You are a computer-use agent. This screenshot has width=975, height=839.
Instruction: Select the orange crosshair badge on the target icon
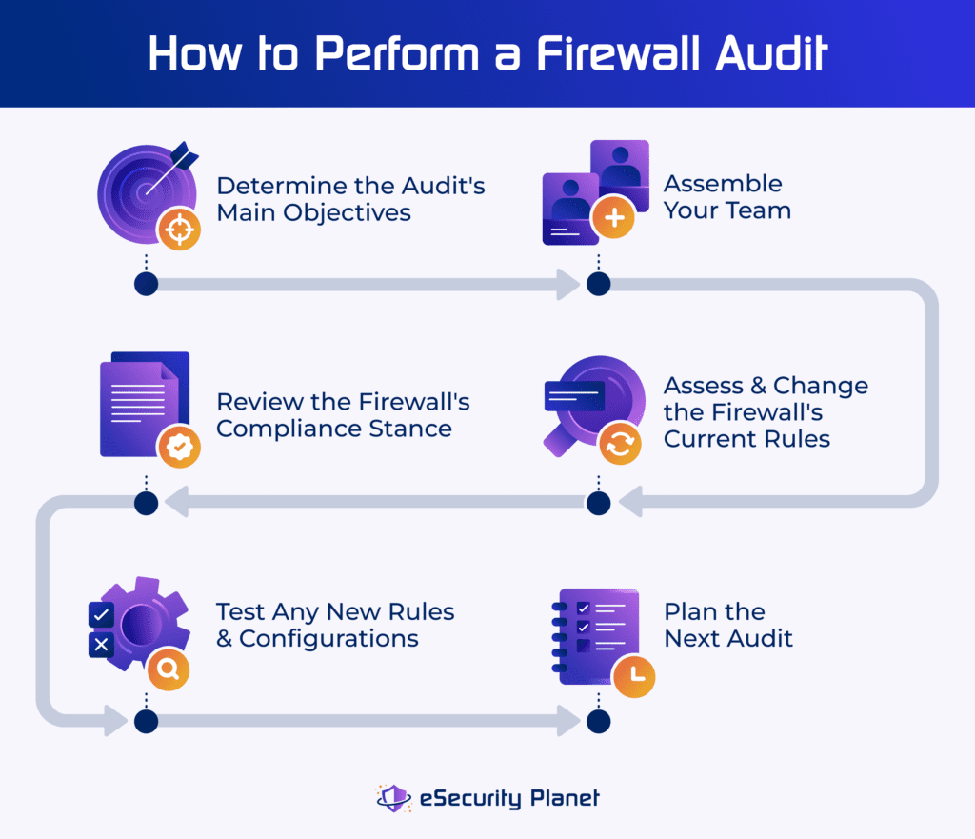(178, 229)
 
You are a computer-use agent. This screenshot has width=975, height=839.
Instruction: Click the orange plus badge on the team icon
(613, 219)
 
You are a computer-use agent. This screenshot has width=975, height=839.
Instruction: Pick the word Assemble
(723, 184)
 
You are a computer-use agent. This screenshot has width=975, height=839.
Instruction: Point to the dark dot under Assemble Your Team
(598, 284)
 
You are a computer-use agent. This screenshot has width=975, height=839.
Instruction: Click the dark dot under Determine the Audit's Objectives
(146, 284)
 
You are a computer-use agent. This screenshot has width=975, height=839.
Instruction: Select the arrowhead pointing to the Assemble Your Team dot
(568, 284)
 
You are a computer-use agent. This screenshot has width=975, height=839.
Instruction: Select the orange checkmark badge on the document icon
(179, 446)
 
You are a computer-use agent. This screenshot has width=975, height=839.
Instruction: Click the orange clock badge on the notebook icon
(633, 674)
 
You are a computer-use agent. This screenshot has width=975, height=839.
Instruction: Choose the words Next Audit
(728, 638)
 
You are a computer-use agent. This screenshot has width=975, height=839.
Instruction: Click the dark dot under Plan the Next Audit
(598, 721)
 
